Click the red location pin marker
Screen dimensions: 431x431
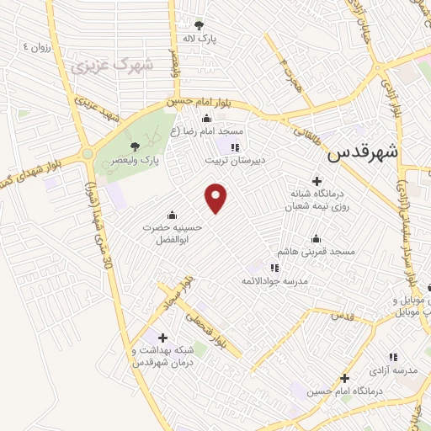(216, 198)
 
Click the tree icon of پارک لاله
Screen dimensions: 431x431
(199, 25)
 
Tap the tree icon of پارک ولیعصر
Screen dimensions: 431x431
(135, 146)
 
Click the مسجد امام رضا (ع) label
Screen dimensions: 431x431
(206, 132)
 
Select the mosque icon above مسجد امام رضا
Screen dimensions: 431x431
(206, 119)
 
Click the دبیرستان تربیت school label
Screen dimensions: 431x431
(236, 158)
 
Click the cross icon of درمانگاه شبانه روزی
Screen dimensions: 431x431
(317, 180)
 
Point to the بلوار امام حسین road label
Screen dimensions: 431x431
(196, 102)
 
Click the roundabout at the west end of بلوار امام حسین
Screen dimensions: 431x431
(88, 153)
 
